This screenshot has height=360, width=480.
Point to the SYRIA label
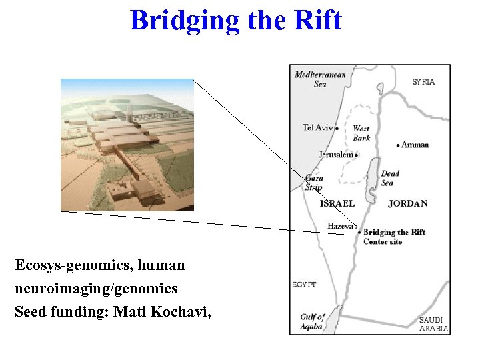[423, 82]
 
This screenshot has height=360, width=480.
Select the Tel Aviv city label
[318, 127]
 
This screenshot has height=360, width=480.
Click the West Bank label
[361, 133]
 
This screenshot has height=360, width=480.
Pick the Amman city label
[415, 145]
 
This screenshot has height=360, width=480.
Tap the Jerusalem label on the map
[335, 155]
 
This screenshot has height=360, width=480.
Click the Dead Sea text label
[390, 178]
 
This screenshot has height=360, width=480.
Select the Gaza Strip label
[314, 183]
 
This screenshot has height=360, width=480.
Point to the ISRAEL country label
[337, 203]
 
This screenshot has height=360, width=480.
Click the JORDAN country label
[407, 203]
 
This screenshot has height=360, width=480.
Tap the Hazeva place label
[340, 227]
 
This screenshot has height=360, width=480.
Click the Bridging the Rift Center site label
[393, 237]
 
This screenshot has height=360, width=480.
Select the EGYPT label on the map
[304, 285]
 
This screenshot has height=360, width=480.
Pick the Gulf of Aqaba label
[311, 321]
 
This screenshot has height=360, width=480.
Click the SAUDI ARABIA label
[433, 324]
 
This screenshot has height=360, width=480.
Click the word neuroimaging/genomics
[96, 288]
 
